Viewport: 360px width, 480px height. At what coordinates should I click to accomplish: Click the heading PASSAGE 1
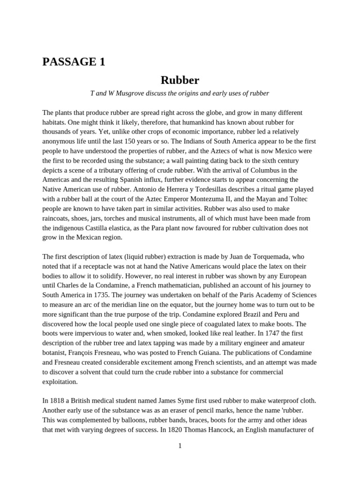(74, 61)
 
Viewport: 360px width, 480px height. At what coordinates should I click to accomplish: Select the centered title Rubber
(180, 80)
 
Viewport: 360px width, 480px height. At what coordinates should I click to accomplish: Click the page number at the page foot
(180, 446)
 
